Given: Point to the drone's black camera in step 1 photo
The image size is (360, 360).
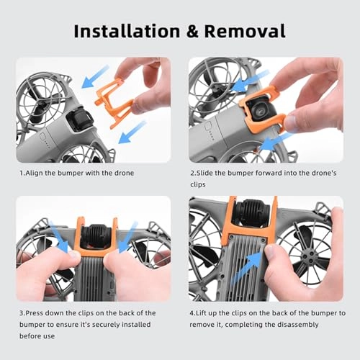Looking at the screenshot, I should [x=79, y=119].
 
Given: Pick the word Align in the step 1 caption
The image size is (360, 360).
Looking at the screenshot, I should [x=37, y=174].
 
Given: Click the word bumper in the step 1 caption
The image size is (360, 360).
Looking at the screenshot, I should [x=76, y=174].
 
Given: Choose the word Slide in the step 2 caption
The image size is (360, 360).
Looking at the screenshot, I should [x=208, y=174].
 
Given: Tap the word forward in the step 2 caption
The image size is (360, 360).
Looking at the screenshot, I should [x=272, y=174].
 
